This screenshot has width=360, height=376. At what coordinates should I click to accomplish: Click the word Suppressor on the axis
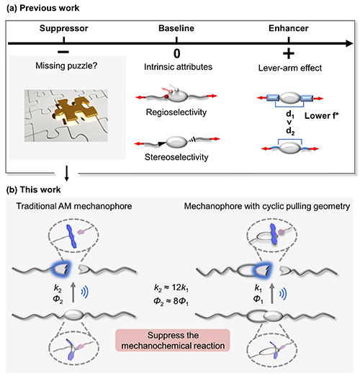point(64,28)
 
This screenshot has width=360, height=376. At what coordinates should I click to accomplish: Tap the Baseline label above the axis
point(176,28)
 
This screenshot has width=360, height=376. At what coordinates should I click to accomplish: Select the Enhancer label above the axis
point(289,28)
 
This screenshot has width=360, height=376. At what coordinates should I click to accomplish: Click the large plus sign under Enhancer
point(289,53)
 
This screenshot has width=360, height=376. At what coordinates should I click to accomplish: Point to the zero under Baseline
point(177,53)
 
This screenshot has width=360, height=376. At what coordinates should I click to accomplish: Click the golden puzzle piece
point(76,111)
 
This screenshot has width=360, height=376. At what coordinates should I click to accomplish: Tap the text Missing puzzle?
point(66,66)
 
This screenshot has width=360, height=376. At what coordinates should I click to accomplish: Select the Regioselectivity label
point(176,112)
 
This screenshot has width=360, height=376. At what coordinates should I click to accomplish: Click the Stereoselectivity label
point(176,157)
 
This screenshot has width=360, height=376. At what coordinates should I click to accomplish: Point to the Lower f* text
point(322,116)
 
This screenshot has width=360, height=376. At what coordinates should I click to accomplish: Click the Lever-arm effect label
point(290,68)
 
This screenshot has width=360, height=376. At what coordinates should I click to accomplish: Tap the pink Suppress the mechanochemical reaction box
point(173,341)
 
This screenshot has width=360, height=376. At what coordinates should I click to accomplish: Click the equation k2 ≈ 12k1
point(171,287)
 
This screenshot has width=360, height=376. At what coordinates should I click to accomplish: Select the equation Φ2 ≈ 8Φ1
point(171,301)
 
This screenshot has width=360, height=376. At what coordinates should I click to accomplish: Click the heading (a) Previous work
point(42,8)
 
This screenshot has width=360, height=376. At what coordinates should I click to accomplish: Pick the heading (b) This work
point(33,189)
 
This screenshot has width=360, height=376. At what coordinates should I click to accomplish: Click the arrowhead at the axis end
point(349,43)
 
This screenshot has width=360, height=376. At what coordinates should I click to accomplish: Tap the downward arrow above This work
point(67,174)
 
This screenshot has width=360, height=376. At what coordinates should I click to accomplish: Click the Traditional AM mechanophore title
point(74,206)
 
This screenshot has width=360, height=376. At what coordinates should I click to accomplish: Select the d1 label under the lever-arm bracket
point(290,115)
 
